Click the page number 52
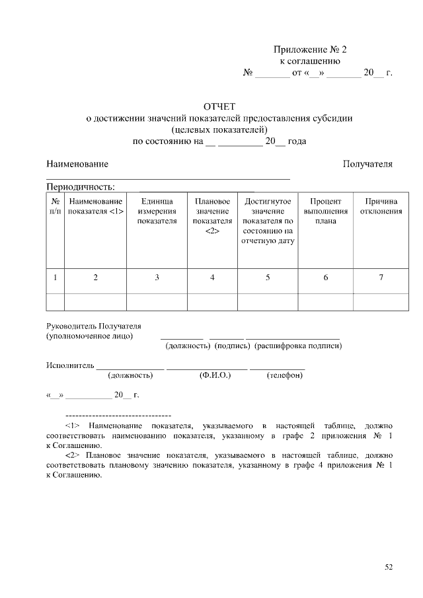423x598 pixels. tap(389, 566)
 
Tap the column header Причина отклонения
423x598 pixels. tap(381, 206)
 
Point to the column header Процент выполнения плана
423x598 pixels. tap(325, 211)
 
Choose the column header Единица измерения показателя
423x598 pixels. tap(157, 211)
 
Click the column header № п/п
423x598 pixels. tap(55, 206)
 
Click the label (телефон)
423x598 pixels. tap(285, 376)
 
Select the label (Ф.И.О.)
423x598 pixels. tap(215, 376)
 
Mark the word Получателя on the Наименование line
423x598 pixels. tap(367, 164)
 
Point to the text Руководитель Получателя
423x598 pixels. tap(93, 326)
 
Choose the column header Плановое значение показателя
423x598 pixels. tap(212, 215)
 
